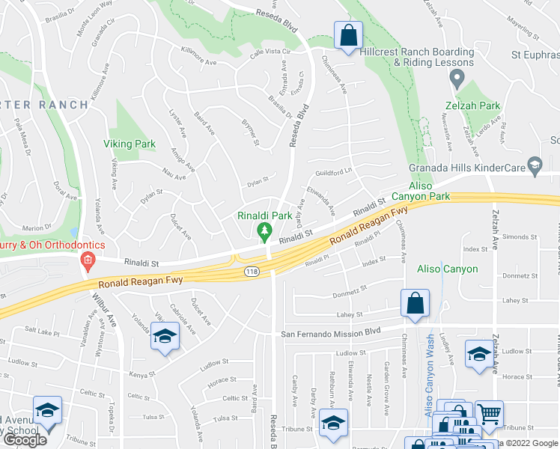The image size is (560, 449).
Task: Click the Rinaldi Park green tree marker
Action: pyautogui.click(x=264, y=232)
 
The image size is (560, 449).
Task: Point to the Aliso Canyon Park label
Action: pyautogui.click(x=428, y=190)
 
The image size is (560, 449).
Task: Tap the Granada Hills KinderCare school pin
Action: pyautogui.click(x=535, y=165)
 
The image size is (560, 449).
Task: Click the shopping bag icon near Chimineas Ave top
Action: pyautogui.click(x=348, y=35)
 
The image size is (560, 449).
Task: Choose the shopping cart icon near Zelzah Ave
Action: pyautogui.click(x=489, y=413)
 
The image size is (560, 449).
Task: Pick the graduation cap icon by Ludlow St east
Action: pyautogui.click(x=478, y=353)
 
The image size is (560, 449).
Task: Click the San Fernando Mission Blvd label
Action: pyautogui.click(x=330, y=332)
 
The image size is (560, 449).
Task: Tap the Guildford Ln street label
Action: pyautogui.click(x=333, y=171)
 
